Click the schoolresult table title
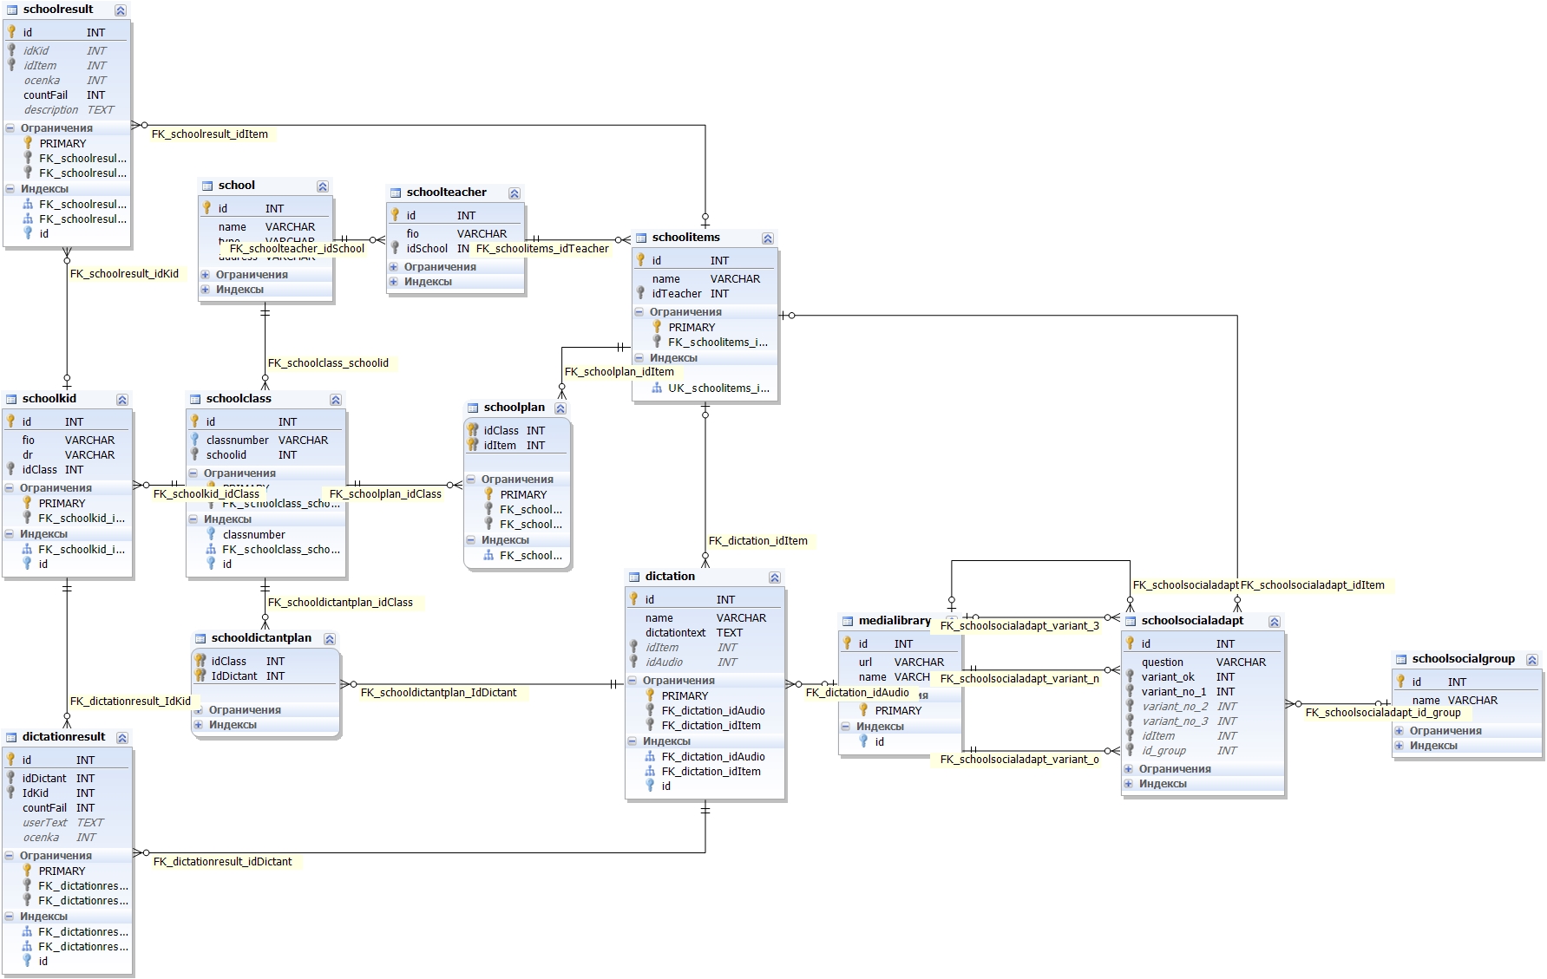pyautogui.click(x=58, y=10)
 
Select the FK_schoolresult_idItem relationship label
pyautogui.click(x=210, y=134)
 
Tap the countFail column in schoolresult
pyautogui.click(x=46, y=95)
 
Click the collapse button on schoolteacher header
pyautogui.click(x=515, y=193)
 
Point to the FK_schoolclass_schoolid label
pyautogui.click(x=328, y=363)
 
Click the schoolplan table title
pyautogui.click(x=515, y=408)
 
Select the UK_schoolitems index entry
pyautogui.click(x=718, y=388)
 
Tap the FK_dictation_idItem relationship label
pyautogui.click(x=757, y=541)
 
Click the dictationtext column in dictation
pyautogui.click(x=676, y=633)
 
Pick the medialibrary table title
pyautogui.click(x=895, y=621)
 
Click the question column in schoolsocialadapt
pyautogui.click(x=1163, y=662)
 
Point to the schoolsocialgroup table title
pyautogui.click(x=1463, y=659)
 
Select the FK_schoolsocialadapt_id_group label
pyautogui.click(x=1383, y=713)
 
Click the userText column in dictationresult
pyautogui.click(x=45, y=823)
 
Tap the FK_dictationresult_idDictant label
pyautogui.click(x=222, y=862)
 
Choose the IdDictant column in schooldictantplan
pyautogui.click(x=234, y=676)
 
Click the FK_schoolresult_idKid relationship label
pyautogui.click(x=124, y=274)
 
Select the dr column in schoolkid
pyautogui.click(x=28, y=455)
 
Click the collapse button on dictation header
pyautogui.click(x=775, y=578)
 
